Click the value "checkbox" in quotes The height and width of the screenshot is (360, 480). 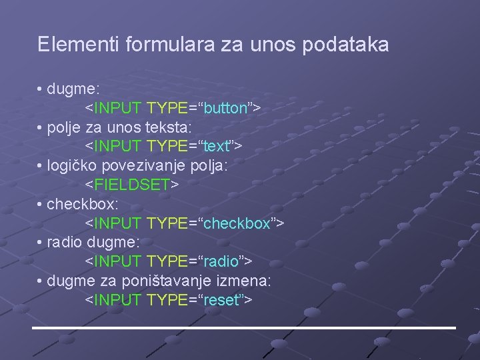click(x=236, y=223)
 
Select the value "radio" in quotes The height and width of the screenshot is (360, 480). click(x=219, y=261)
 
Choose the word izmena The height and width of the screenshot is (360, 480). click(x=243, y=281)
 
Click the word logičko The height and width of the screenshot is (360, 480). click(x=72, y=165)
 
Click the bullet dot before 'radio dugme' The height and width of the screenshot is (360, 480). click(x=41, y=242)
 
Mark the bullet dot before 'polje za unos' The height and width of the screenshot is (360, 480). click(x=41, y=127)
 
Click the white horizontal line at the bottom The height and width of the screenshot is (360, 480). click(x=244, y=328)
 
